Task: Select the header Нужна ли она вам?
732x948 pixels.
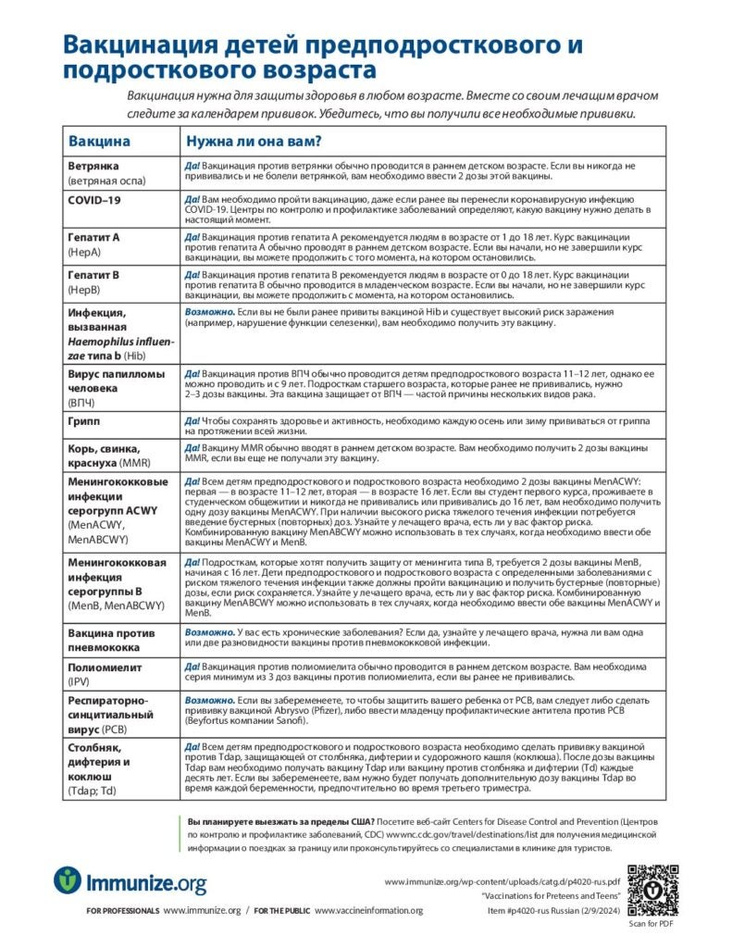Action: (254, 142)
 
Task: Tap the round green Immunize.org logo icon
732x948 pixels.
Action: (68, 880)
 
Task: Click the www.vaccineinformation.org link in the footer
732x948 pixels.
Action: (368, 911)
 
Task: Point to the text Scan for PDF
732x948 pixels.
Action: (651, 923)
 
